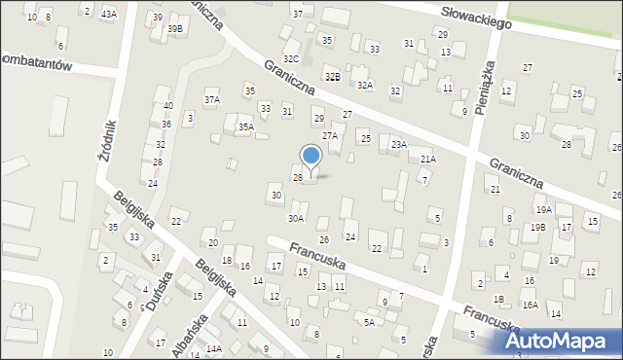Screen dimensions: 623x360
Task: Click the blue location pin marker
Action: coord(311,156)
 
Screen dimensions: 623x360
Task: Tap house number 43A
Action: coord(108,13)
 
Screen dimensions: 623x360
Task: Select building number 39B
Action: coord(174,29)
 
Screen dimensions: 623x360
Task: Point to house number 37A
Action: coord(211,99)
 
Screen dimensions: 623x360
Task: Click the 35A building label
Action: coord(246,126)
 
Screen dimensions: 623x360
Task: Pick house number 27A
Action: coord(330,136)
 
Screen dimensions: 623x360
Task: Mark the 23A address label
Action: coord(398,144)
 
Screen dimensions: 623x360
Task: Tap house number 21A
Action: coord(427,159)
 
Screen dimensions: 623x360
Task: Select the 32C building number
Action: coord(291,59)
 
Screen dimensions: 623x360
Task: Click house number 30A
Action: coord(295,219)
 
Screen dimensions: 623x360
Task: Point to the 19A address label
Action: coord(543,209)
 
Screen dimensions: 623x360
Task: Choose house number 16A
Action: coord(530,305)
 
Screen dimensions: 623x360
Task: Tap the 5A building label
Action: coord(369,322)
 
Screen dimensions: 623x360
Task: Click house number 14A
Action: coord(213,348)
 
